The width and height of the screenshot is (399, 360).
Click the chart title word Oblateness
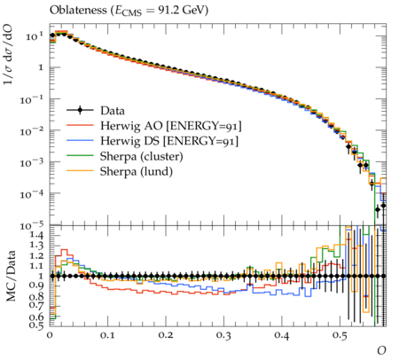tap(78, 10)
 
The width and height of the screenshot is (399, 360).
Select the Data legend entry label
tap(113, 111)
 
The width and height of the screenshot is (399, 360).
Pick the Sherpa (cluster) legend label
tap(141, 156)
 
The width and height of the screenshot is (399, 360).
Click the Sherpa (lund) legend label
tap(137, 171)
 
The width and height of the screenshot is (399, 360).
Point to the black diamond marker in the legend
tap(80, 111)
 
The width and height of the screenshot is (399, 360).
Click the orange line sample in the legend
tap(80, 170)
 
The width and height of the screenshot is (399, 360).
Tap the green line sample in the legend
tap(80, 155)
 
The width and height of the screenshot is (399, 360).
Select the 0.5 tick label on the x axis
tap(340, 336)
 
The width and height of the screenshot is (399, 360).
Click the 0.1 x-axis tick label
tap(107, 336)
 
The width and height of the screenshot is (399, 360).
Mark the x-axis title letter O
tap(381, 350)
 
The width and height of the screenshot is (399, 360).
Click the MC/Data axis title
tap(11, 276)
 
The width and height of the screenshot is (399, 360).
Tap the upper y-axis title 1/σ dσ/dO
tap(8, 56)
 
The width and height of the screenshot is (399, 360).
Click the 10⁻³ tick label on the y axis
tap(32, 162)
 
